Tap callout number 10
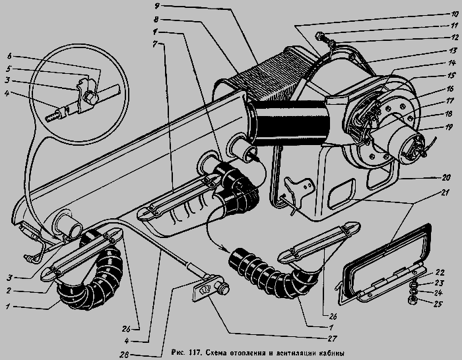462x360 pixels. pyautogui.click(x=454, y=14)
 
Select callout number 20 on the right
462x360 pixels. pyautogui.click(x=445, y=177)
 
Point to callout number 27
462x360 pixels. pyautogui.click(x=332, y=338)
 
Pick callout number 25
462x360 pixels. pyautogui.click(x=438, y=303)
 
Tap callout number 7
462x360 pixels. pyautogui.click(x=156, y=44)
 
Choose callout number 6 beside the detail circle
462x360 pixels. pyautogui.click(x=9, y=56)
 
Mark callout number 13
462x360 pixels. pyautogui.click(x=453, y=50)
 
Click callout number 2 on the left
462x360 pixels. pyautogui.click(x=9, y=291)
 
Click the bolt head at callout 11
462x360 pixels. pyautogui.click(x=319, y=36)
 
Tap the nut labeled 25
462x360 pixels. pyautogui.click(x=411, y=301)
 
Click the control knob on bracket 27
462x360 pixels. pyautogui.click(x=222, y=288)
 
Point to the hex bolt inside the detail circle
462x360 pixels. pyautogui.click(x=90, y=98)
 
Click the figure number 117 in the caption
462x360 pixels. pyautogui.click(x=193, y=353)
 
